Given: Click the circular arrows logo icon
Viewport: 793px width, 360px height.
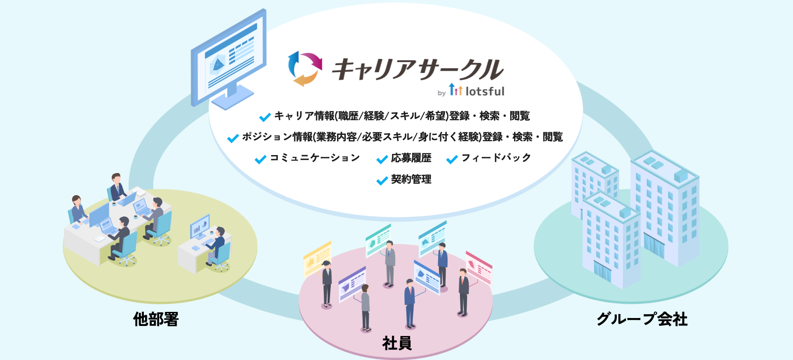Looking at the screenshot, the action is point(305,69).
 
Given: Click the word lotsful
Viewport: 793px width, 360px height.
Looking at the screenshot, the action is point(485,91).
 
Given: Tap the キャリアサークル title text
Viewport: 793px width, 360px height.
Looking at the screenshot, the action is point(417,69).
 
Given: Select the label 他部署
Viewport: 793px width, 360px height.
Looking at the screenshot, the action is point(156,319).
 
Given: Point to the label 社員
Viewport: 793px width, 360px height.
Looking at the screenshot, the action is point(397,343).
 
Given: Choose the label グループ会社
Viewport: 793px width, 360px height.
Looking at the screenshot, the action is point(642,319).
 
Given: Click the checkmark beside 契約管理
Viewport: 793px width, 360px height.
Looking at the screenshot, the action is point(382,180).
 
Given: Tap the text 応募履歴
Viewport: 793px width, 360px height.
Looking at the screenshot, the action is point(411,158).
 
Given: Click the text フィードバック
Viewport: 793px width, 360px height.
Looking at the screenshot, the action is point(496,158).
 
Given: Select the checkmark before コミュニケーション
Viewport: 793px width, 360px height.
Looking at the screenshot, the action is point(261,159).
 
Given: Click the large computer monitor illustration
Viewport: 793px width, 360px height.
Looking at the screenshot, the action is point(228,60).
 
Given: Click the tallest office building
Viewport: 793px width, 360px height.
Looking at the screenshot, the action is point(664,208).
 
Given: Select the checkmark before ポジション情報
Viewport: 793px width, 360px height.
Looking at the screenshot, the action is point(233,138).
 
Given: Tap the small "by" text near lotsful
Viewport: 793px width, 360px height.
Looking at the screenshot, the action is point(442,93).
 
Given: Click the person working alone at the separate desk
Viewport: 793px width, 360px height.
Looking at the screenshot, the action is point(217,245).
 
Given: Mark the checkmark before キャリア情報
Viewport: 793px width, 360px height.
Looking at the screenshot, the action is point(265,117).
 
